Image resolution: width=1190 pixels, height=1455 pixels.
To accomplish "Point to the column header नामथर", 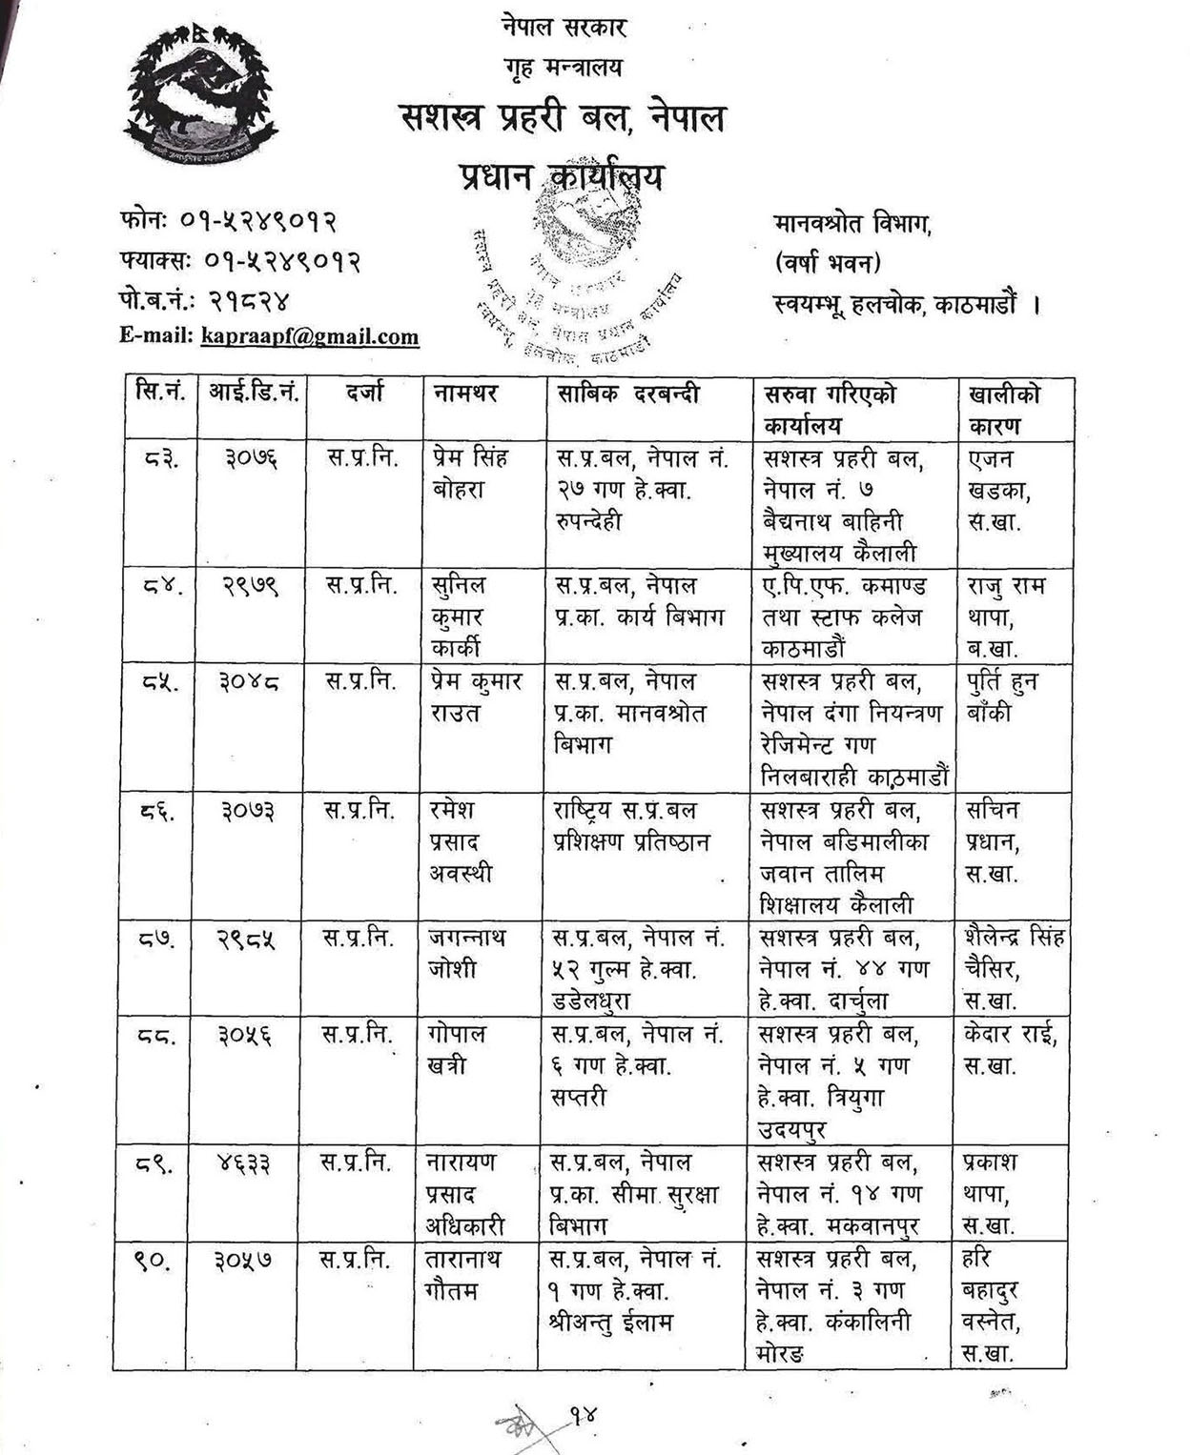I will [x=466, y=393].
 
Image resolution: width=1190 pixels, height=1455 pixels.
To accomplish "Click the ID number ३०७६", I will [x=251, y=458].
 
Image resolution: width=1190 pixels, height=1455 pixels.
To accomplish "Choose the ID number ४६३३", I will [x=243, y=1163].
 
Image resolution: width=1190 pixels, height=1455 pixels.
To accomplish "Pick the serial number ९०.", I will [x=153, y=1260].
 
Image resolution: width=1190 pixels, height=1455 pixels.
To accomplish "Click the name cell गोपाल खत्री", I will [x=458, y=1049].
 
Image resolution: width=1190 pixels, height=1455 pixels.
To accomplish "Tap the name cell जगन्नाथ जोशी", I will [x=467, y=953].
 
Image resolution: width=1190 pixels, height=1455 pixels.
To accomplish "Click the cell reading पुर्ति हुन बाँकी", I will [x=1001, y=697].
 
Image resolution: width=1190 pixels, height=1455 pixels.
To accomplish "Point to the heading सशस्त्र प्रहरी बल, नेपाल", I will [x=563, y=118].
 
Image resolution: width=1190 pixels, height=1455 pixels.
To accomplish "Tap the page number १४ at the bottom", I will [x=583, y=1414].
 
